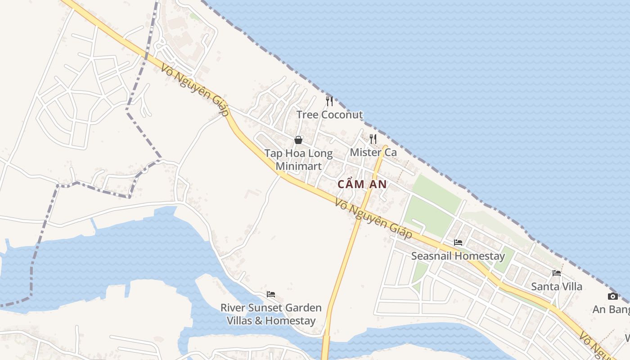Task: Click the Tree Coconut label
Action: tap(329, 115)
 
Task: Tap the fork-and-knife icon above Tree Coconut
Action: tap(329, 101)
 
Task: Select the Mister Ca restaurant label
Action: tap(373, 152)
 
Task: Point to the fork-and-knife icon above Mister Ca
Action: tap(373, 139)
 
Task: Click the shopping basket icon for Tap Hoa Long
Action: tap(298, 140)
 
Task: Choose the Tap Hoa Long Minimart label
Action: tap(298, 160)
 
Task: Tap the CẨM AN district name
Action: tap(362, 184)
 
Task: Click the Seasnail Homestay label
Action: tap(458, 256)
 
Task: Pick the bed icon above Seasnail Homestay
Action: tap(458, 243)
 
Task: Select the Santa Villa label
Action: tap(557, 287)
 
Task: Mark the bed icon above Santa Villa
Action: tap(557, 273)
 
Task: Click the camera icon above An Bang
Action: tap(612, 296)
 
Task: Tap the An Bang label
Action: tap(611, 310)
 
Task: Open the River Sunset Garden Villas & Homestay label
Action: tap(271, 314)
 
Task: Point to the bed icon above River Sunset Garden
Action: tap(271, 294)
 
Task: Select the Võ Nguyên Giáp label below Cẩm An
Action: tap(373, 219)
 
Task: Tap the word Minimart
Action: tap(298, 166)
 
